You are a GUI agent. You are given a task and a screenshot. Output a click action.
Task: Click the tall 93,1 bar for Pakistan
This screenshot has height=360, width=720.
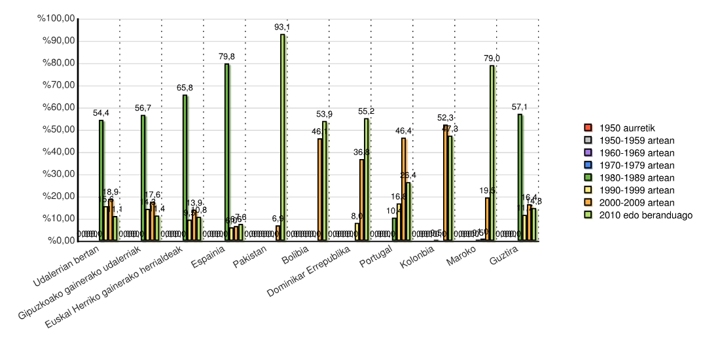282,137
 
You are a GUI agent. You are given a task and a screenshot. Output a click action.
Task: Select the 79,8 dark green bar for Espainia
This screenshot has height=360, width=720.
226,152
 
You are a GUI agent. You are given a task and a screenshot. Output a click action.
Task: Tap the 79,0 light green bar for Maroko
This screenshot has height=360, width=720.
492,153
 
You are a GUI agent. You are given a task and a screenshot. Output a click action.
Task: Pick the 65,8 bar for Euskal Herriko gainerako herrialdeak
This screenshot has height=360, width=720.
185,168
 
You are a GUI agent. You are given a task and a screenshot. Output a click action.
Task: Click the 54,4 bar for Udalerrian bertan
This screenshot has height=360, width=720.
101,180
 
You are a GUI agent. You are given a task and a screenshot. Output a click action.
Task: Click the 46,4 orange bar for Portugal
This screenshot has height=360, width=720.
403,189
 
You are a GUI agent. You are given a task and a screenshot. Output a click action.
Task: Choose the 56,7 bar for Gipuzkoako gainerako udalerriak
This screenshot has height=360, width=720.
143,177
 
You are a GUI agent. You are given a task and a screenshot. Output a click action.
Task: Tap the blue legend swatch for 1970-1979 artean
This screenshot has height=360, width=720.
588,165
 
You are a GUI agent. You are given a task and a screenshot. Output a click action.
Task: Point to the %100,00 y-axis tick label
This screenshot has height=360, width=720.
56,19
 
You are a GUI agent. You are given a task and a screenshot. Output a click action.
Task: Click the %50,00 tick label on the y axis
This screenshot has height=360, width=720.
58,130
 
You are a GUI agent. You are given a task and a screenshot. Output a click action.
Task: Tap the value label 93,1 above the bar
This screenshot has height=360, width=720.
282,27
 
